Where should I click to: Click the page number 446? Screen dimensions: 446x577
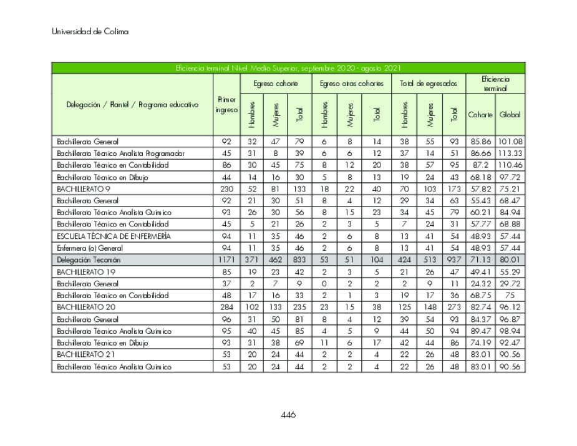pos(288,415)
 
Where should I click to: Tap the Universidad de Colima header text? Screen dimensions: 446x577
pos(90,32)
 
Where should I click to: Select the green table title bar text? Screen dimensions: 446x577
pos(288,68)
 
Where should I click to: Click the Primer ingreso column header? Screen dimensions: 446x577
pos(226,105)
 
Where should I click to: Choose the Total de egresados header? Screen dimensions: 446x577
pos(428,84)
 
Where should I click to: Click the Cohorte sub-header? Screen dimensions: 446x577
pos(480,115)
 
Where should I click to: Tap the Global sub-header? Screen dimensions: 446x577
pos(510,115)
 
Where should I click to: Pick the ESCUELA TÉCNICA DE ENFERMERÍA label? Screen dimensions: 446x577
pos(114,236)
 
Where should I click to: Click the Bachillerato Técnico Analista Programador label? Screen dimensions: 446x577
pos(120,153)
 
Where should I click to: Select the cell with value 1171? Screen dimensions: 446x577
pos(226,259)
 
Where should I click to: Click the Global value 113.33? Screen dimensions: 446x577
pos(510,153)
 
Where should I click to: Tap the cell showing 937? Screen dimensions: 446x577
pos(453,259)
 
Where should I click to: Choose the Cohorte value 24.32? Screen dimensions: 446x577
pos(480,283)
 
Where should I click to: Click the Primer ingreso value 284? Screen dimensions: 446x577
pos(226,307)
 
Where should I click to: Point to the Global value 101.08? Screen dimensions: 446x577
pos(510,141)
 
